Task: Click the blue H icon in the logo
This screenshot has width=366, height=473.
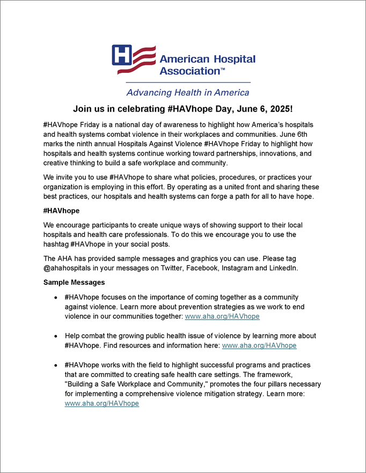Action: coord(122,56)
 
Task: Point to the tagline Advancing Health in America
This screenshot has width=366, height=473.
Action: coord(188,92)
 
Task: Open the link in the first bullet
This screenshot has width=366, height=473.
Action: coord(222,316)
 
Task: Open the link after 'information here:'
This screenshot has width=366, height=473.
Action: coord(259,346)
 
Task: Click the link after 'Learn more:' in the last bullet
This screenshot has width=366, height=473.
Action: coord(101,403)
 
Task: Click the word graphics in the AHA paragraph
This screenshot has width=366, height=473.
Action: coord(199,258)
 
